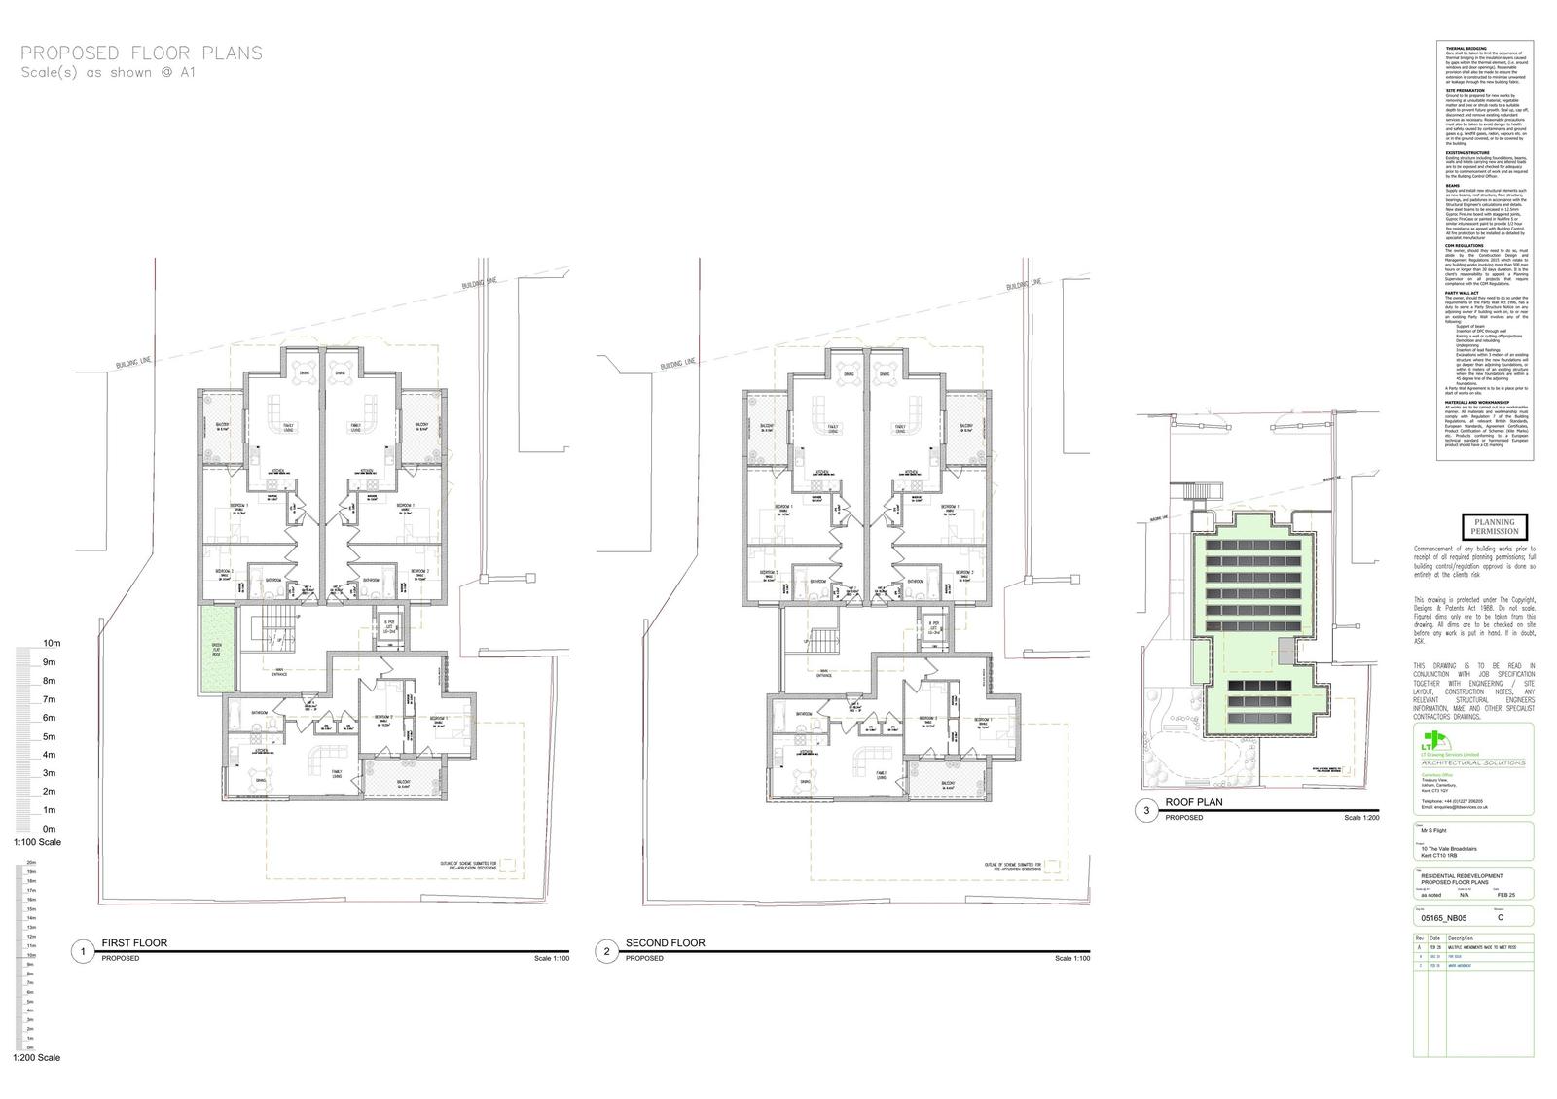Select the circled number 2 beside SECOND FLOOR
606,951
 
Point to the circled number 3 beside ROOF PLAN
1146,810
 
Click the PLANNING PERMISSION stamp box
1494,526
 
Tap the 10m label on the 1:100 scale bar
52,644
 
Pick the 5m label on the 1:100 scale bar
50,736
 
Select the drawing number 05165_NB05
1444,917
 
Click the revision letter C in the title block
1501,917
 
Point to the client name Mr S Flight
1440,832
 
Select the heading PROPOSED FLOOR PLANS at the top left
141,53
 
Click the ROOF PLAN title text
1193,803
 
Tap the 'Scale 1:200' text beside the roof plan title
1361,818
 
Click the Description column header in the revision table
1461,939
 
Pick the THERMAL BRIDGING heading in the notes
1464,47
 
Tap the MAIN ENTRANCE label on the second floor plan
830,672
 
